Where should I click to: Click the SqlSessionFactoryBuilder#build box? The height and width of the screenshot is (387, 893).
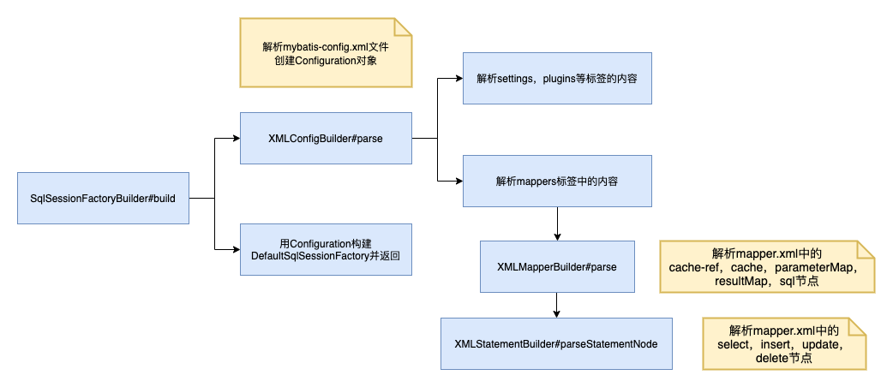[x=103, y=198]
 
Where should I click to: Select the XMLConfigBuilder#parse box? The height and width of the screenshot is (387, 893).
[x=326, y=138]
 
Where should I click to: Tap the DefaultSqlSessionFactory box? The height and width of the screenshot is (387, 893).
[x=326, y=249]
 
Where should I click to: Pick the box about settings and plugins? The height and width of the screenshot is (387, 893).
[x=557, y=78]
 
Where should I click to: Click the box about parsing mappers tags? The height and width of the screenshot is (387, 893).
[x=557, y=181]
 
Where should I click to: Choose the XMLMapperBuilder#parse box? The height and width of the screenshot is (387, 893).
[x=557, y=266]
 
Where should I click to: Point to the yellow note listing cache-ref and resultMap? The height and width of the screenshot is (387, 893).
[x=767, y=267]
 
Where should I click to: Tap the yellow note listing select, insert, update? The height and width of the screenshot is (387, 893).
[x=784, y=343]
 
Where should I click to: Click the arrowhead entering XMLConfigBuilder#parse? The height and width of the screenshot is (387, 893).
[x=235, y=138]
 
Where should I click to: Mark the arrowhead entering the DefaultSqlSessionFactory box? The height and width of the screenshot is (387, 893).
[x=235, y=249]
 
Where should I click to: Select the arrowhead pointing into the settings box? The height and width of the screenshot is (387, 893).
[x=458, y=78]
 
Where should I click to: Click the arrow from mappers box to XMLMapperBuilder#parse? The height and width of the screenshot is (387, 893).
[x=557, y=224]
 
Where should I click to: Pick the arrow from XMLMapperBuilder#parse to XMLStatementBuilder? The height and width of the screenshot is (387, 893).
[x=557, y=306]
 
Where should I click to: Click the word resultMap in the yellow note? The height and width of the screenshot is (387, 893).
[x=742, y=281]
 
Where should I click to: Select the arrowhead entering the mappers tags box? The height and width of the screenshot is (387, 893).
[x=458, y=181]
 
